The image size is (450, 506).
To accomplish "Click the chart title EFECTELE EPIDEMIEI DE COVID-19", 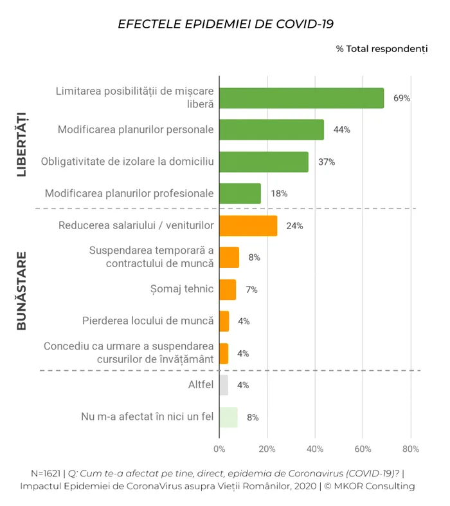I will [225, 24].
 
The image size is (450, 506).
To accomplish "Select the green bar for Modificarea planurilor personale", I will [271, 129].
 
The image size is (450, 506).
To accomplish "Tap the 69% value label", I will [402, 98].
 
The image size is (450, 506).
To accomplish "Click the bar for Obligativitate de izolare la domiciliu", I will [264, 162].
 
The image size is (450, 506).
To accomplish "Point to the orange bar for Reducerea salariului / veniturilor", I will [248, 225].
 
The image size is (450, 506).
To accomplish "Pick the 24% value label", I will [294, 225].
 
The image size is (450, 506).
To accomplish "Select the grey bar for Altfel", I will [224, 385].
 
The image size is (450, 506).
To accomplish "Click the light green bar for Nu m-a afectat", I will [228, 417].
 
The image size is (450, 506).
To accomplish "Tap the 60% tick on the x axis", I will [363, 449].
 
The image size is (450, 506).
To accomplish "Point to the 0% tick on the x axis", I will [219, 449].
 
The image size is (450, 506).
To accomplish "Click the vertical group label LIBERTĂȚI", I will [21, 144].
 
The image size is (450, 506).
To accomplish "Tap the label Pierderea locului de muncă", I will [148, 321].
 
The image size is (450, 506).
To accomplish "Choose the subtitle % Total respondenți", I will [382, 49].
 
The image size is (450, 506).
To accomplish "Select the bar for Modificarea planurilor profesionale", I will [240, 193].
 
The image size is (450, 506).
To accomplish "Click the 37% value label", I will [327, 162].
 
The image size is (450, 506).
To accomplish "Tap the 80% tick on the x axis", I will [411, 449].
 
